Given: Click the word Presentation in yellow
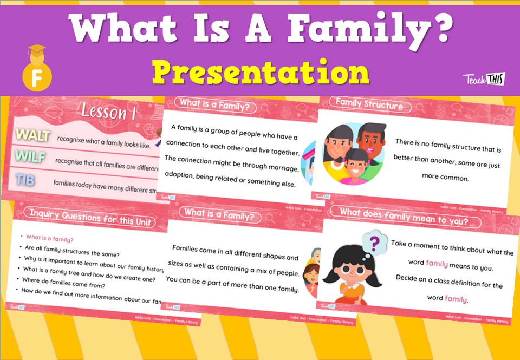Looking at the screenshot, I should (x=261, y=71).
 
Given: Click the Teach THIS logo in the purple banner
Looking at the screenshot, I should (x=484, y=79).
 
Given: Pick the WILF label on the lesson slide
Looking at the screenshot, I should (x=30, y=157).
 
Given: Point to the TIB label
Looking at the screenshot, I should (x=25, y=180).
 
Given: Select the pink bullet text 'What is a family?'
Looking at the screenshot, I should (x=50, y=237).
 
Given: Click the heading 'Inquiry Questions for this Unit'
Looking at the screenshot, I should (x=93, y=218).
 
